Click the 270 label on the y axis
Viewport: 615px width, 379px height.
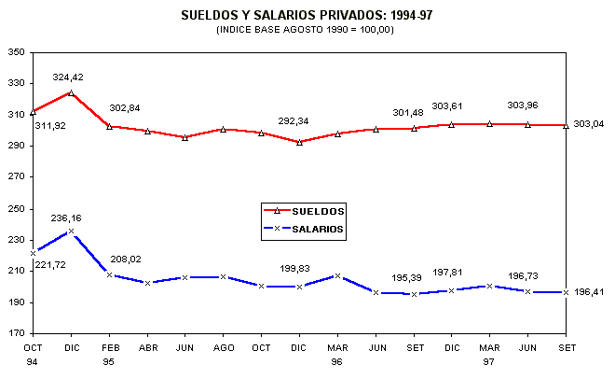coord(17,176)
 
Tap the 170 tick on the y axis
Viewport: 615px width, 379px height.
coord(17,333)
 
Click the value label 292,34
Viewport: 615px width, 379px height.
coord(296,120)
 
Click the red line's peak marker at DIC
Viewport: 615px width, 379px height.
coord(71,93)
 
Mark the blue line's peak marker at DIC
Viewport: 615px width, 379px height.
coord(71,231)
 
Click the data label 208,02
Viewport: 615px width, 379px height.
coord(127,259)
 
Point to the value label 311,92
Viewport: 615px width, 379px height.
coord(38,126)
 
